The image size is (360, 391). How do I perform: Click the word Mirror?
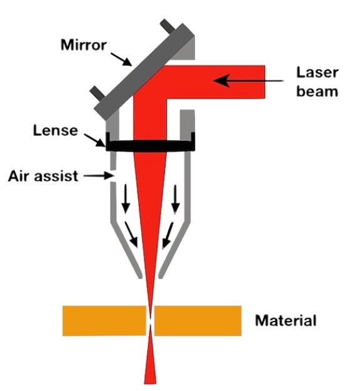tap(84, 45)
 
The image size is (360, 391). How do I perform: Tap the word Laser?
tap(317, 73)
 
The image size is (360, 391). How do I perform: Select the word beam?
tap(317, 91)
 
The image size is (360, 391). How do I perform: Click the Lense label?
tap(55, 130)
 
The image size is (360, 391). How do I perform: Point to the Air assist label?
tap(43, 176)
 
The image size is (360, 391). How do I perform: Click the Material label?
tap(286, 321)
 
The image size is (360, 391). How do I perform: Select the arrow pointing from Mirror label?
tap(121, 59)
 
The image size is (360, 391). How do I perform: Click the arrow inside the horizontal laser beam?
tap(248, 81)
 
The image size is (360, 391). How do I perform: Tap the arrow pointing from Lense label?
tap(94, 140)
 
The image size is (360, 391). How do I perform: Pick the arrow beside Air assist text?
tap(99, 176)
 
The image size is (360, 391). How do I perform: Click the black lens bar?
tap(151, 145)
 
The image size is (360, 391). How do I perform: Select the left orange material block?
tap(104, 321)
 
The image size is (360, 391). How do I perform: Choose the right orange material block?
tap(198, 321)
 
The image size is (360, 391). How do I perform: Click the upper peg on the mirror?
tap(167, 26)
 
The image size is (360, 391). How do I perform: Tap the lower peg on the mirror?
tap(98, 93)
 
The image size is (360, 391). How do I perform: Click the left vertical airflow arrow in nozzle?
tap(126, 199)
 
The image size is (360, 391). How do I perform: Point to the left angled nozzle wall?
tap(126, 250)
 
